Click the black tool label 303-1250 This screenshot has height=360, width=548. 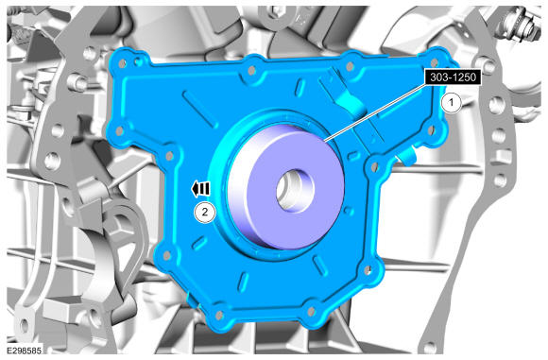pos(453,77)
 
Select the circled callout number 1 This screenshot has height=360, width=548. pos(451,103)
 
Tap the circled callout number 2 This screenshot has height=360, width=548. pos(205,212)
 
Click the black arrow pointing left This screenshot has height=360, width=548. pos(200,189)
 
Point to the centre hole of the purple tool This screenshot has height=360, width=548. pos(296,191)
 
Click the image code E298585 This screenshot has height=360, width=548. pos(25,351)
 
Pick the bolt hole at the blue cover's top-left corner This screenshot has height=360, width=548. pos(122,63)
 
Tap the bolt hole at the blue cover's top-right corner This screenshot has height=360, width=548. pos(434,63)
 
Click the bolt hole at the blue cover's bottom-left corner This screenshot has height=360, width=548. pos(219,316)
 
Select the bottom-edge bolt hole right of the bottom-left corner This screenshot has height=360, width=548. pos(311,311)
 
